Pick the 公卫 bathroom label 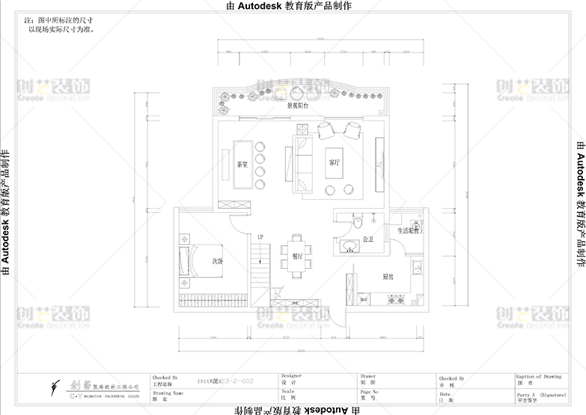point(367,240)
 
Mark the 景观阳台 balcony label point(299,106)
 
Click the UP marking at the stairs point(260,237)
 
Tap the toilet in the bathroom point(358,222)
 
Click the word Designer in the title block point(291,376)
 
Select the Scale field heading point(288,390)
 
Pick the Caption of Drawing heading point(539,376)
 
